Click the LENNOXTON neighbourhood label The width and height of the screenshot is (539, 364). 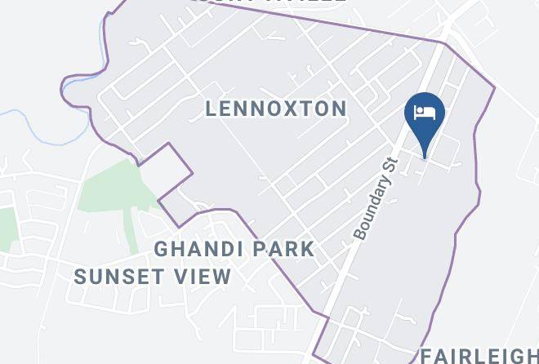pyautogui.click(x=276, y=109)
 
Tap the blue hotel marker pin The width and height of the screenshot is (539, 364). pyautogui.click(x=425, y=119)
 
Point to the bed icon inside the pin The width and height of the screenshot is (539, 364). pyautogui.click(x=425, y=112)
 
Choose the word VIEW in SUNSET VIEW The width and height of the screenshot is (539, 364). pyautogui.click(x=205, y=277)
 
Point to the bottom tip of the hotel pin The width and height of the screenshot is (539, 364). pyautogui.click(x=425, y=155)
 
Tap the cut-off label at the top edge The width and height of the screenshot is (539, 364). pyautogui.click(x=269, y=2)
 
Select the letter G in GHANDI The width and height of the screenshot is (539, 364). pyautogui.click(x=161, y=248)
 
